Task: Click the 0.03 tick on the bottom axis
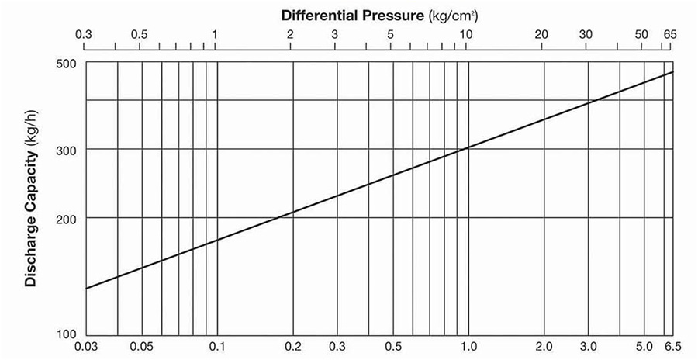pos(85,347)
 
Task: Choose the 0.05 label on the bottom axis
pos(141,347)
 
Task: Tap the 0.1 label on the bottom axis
pos(217,347)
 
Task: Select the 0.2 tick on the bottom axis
pos(292,347)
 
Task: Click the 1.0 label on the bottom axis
pos(468,347)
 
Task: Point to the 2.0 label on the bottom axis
pos(544,347)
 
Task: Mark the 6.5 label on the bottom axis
pos(672,347)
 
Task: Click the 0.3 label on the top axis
pos(85,35)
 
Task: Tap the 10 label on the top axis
pos(466,35)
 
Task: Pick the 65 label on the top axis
pos(671,35)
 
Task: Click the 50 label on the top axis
pos(642,35)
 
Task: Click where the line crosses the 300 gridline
pos(466,148)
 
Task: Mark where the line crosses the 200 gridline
pos(277,218)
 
